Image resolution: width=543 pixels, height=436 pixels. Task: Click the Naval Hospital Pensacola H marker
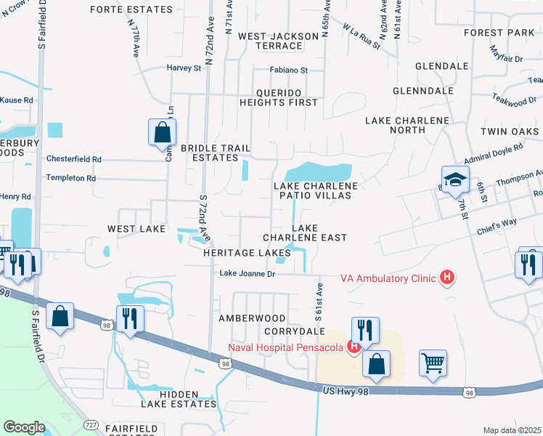(354, 346)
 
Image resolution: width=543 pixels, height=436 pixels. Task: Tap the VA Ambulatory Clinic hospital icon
(447, 278)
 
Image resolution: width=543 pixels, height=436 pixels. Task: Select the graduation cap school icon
(455, 181)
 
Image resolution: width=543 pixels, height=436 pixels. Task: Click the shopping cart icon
(433, 363)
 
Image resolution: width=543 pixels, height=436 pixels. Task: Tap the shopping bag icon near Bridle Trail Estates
(162, 133)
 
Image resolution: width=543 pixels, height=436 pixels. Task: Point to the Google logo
(24, 427)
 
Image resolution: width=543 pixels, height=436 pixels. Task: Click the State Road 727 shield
(91, 424)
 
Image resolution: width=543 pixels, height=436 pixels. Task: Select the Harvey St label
(184, 68)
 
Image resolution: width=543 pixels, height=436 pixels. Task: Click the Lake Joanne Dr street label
(248, 274)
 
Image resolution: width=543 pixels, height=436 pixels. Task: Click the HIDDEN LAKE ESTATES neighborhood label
(178, 403)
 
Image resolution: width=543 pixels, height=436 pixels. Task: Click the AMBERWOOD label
(252, 318)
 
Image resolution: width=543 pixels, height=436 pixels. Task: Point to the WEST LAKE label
(136, 229)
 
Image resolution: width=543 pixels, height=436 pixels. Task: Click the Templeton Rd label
(70, 177)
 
